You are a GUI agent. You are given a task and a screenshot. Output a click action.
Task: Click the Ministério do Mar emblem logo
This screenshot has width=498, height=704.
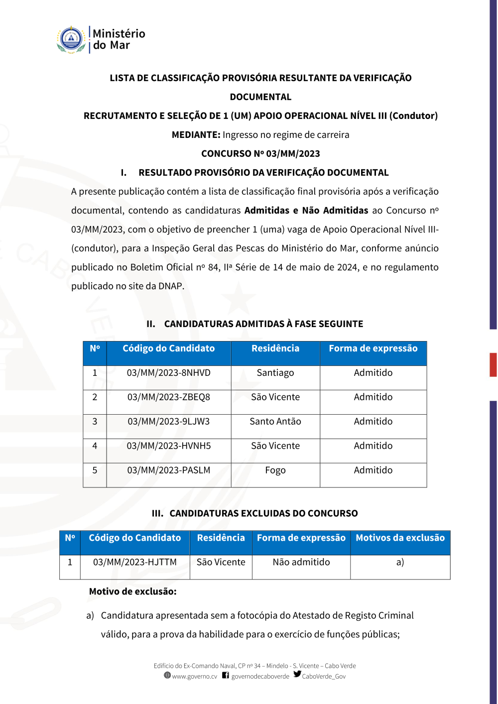tap(71, 40)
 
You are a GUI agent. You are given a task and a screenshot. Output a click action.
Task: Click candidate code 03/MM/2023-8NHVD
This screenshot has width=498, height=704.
tap(168, 373)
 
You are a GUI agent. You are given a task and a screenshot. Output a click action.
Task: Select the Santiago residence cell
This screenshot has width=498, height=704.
tap(275, 373)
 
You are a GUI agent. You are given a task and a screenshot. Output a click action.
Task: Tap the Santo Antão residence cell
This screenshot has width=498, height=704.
tap(275, 422)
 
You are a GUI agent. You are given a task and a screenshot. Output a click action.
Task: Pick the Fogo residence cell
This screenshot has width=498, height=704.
tap(275, 470)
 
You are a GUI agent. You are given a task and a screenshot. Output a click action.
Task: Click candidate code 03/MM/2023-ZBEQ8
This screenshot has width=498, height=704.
tap(168, 397)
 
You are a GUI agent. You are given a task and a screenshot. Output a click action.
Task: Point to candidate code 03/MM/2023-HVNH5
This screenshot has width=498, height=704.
tap(168, 446)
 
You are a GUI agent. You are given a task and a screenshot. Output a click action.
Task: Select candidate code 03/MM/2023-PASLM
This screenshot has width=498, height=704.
tap(168, 470)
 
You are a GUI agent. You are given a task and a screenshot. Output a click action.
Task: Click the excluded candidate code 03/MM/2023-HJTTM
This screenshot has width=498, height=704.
tap(134, 562)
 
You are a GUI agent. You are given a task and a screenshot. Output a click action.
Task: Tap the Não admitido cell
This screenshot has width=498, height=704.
tap(301, 562)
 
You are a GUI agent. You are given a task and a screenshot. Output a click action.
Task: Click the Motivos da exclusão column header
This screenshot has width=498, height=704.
tap(400, 538)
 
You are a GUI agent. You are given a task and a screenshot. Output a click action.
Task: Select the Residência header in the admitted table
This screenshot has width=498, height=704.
tap(275, 349)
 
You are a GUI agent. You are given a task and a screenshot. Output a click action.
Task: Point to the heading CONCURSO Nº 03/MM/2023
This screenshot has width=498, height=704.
tap(260, 154)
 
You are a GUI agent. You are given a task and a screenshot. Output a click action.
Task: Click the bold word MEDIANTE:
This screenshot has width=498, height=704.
tap(196, 135)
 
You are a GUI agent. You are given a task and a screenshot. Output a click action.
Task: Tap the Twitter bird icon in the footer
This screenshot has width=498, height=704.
tap(297, 674)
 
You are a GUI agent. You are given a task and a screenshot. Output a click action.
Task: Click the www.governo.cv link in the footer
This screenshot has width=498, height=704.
tap(194, 677)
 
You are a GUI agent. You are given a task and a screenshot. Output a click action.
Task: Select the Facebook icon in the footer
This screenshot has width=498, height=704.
tap(226, 675)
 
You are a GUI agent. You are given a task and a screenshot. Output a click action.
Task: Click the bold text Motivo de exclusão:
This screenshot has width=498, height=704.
tap(132, 591)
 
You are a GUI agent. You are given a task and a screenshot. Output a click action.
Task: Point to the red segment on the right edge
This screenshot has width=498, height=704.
tap(493, 364)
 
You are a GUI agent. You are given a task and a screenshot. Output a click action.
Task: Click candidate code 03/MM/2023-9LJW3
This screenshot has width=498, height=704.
tap(168, 422)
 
